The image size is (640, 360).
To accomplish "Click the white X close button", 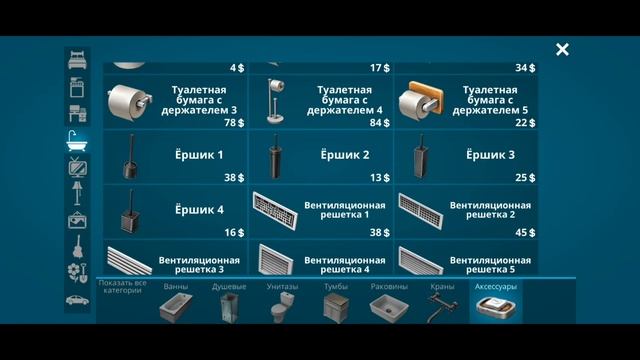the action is coord(563,49).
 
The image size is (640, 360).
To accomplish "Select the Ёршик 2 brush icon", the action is coord(275,156).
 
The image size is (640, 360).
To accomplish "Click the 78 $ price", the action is coord(234,123).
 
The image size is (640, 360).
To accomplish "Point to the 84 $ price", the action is coord(379,123).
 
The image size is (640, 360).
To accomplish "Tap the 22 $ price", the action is coord(525,123).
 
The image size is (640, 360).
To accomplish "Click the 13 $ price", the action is coord(379,178).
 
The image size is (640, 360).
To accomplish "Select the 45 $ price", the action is coord(525,233).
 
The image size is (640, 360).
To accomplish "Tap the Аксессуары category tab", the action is coord(495,300).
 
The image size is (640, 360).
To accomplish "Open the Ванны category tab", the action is coord(175,300).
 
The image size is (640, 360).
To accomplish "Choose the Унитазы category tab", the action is coord(283,300).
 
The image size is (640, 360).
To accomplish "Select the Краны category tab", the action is coord(441,300).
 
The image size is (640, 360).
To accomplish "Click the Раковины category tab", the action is coord(388,300).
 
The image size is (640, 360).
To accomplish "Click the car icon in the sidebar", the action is coord(77,298).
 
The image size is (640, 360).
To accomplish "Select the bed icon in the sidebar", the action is coord(77,61).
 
